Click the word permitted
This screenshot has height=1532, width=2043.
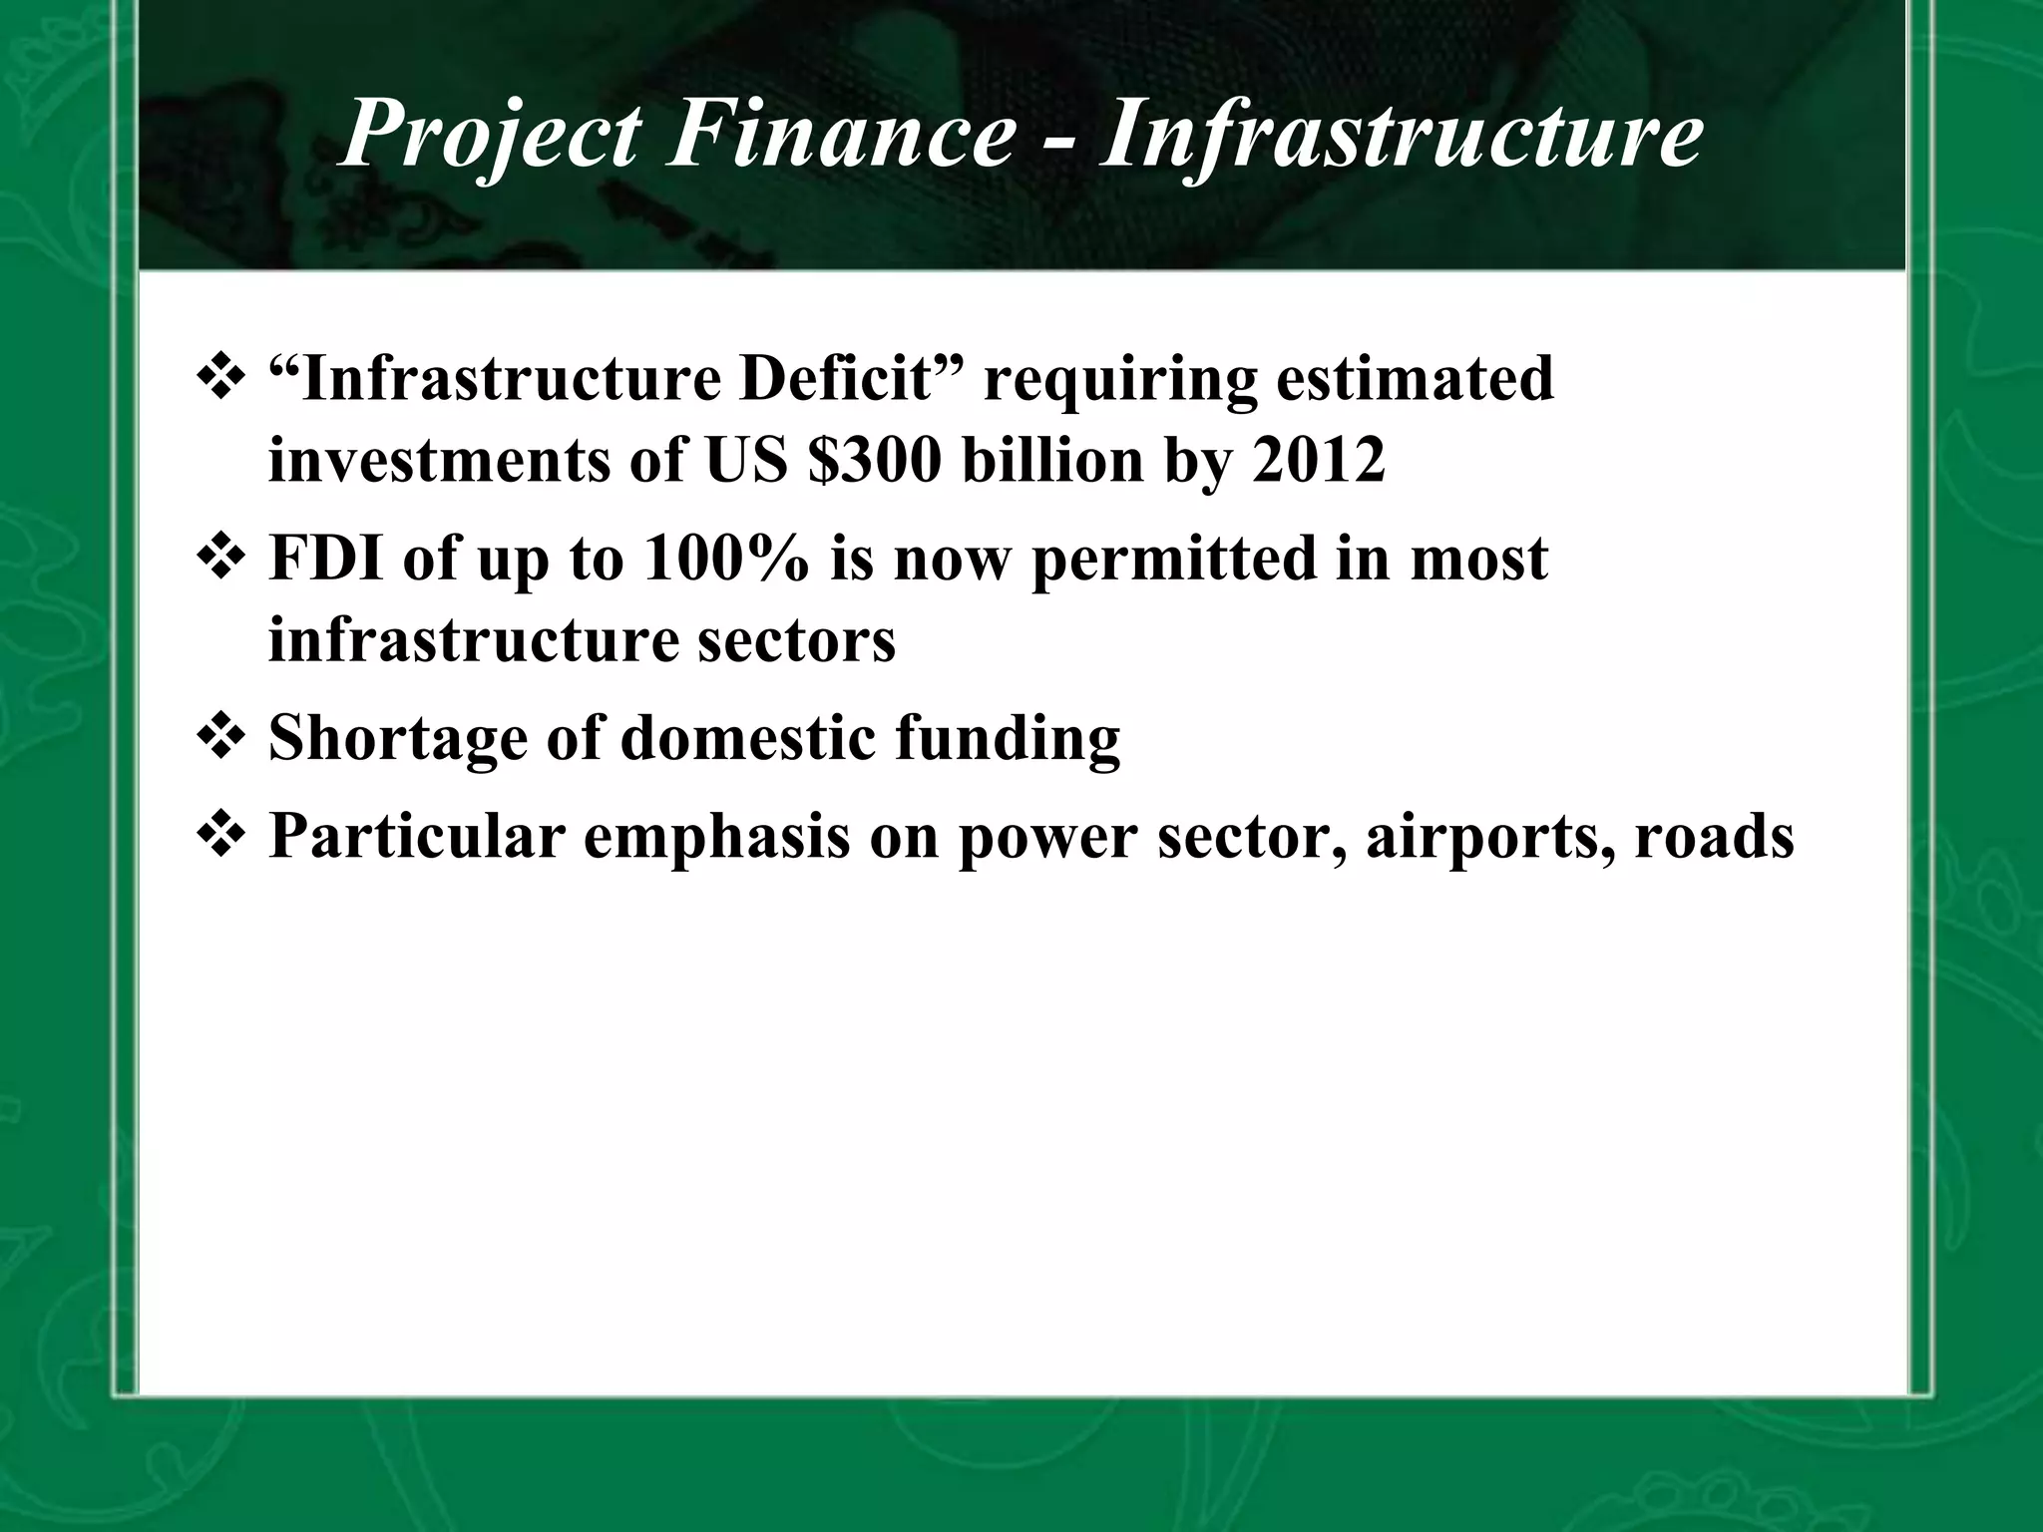click(1175, 560)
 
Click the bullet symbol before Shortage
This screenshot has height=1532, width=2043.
click(218, 737)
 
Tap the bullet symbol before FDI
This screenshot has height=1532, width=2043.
click(218, 558)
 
